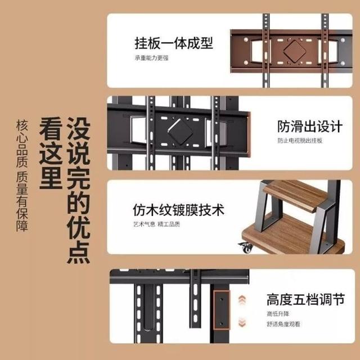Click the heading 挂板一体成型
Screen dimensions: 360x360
click(x=174, y=43)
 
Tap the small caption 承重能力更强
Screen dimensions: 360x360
click(x=151, y=57)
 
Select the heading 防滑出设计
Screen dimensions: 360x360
click(x=310, y=126)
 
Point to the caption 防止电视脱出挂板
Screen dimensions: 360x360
click(x=300, y=141)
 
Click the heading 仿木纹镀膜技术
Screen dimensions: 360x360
click(x=179, y=210)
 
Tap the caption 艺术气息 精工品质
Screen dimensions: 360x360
click(x=156, y=224)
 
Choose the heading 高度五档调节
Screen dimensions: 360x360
click(x=305, y=299)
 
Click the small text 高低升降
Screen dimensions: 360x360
click(x=278, y=314)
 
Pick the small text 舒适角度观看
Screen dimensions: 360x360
click(x=283, y=324)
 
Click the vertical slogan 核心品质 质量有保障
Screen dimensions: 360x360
click(x=22, y=175)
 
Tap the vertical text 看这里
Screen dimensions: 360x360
click(x=51, y=153)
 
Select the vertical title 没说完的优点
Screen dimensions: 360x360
click(x=79, y=190)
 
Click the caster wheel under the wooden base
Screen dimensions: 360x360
click(x=246, y=247)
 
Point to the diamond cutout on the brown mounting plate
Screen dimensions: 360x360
click(x=295, y=51)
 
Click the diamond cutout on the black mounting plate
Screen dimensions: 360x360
click(x=180, y=132)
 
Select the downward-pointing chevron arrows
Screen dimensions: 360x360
click(x=242, y=322)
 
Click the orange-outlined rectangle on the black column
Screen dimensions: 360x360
click(x=222, y=310)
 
